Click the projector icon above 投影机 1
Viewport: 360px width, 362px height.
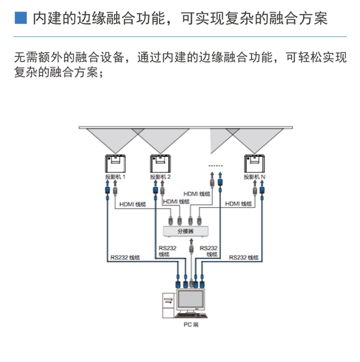click(116, 164)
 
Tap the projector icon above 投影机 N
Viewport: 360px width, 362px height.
click(255, 164)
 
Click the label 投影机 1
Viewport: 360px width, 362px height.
click(115, 177)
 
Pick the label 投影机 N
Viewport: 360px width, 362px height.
click(255, 177)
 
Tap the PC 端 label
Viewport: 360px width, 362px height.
click(190, 325)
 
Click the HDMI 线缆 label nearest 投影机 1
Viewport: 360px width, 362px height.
click(133, 204)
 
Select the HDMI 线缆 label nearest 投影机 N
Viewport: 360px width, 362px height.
click(239, 204)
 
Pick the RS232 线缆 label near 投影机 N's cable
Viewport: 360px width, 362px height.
click(244, 257)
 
